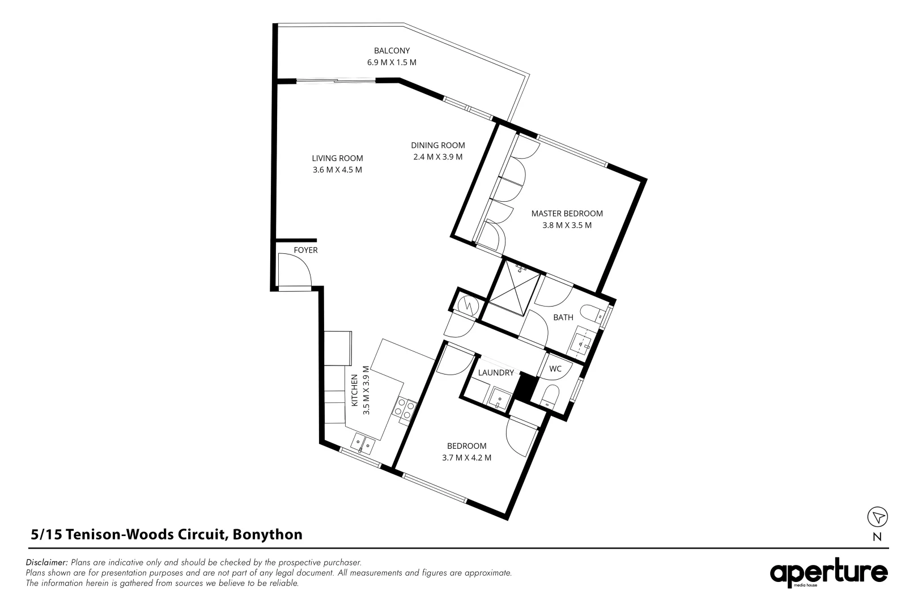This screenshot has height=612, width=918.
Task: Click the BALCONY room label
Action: pos(392,50)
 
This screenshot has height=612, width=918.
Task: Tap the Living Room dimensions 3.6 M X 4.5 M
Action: pos(337,169)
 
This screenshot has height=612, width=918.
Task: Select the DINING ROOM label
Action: pos(437,145)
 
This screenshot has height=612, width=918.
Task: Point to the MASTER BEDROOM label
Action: pos(567,214)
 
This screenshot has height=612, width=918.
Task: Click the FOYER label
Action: pos(305,250)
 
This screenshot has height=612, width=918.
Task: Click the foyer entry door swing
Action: pos(294,270)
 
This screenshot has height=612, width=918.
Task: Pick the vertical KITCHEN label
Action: pos(355,390)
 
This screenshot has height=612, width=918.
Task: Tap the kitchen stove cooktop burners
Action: pos(406,410)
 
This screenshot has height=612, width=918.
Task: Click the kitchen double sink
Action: pos(362,443)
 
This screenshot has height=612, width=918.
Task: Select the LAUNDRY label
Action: pos(496,373)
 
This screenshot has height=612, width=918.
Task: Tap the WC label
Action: pos(555,369)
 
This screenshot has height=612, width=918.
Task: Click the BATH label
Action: pos(563,317)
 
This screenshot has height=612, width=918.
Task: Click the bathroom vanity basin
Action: pos(582,342)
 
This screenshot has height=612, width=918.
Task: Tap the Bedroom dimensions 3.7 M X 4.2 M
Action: pos(466,457)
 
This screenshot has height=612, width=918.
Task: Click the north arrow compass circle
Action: pos(877,517)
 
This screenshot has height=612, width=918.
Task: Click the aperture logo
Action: pos(828,573)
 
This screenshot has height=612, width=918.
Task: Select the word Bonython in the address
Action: pos(267,534)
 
